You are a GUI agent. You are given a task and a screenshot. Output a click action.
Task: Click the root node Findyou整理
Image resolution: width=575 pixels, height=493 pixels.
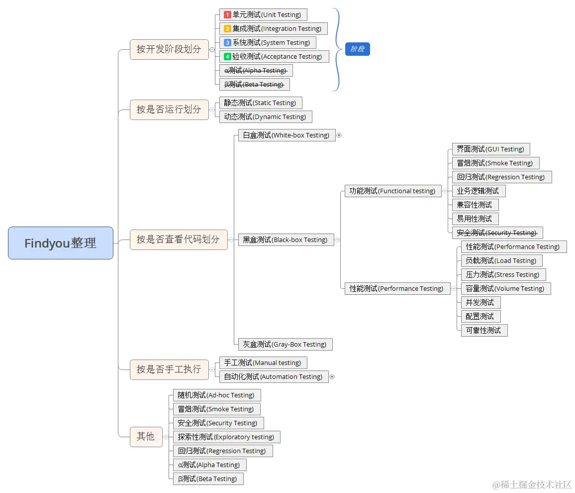tap(61, 243)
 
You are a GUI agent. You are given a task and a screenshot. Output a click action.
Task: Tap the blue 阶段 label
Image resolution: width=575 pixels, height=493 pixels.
tap(358, 49)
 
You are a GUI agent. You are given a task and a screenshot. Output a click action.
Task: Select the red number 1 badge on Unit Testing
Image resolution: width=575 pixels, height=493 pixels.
tap(227, 15)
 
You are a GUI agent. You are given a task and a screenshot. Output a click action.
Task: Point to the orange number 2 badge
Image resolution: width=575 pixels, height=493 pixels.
tap(227, 29)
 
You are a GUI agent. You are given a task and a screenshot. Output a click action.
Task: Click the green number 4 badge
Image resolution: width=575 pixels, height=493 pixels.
tap(227, 57)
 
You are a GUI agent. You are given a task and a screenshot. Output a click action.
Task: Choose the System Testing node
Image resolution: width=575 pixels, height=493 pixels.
tap(268, 43)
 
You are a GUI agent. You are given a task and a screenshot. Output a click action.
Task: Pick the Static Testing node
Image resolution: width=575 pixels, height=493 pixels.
tap(260, 103)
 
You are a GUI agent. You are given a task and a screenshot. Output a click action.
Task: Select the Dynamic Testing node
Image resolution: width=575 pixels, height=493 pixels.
tap(265, 117)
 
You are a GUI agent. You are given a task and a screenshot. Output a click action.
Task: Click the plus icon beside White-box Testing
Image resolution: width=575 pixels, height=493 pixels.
tap(339, 135)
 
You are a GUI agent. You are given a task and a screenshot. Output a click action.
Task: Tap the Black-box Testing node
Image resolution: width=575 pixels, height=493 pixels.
tap(286, 240)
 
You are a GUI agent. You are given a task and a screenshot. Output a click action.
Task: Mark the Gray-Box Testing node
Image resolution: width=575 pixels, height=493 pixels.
tap(285, 345)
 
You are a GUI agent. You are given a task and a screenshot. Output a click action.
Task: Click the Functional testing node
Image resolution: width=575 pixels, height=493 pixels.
tap(392, 191)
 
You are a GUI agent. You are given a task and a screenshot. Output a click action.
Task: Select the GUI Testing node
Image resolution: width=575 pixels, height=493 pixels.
tap(490, 149)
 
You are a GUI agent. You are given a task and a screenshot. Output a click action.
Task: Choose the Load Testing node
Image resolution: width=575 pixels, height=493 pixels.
tap(501, 261)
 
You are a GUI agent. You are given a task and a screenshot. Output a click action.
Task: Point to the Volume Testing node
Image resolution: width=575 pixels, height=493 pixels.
tap(505, 289)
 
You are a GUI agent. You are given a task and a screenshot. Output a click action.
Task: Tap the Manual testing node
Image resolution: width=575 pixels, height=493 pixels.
tap(263, 363)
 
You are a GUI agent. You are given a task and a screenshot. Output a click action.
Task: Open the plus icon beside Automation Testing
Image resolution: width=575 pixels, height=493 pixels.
tap(332, 377)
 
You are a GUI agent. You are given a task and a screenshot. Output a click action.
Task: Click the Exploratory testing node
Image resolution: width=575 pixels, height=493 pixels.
tap(226, 437)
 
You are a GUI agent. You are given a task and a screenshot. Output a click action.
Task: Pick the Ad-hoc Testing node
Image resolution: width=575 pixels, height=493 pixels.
tap(216, 395)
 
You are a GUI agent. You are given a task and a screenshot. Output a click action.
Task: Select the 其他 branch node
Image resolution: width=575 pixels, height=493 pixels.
tap(146, 437)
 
